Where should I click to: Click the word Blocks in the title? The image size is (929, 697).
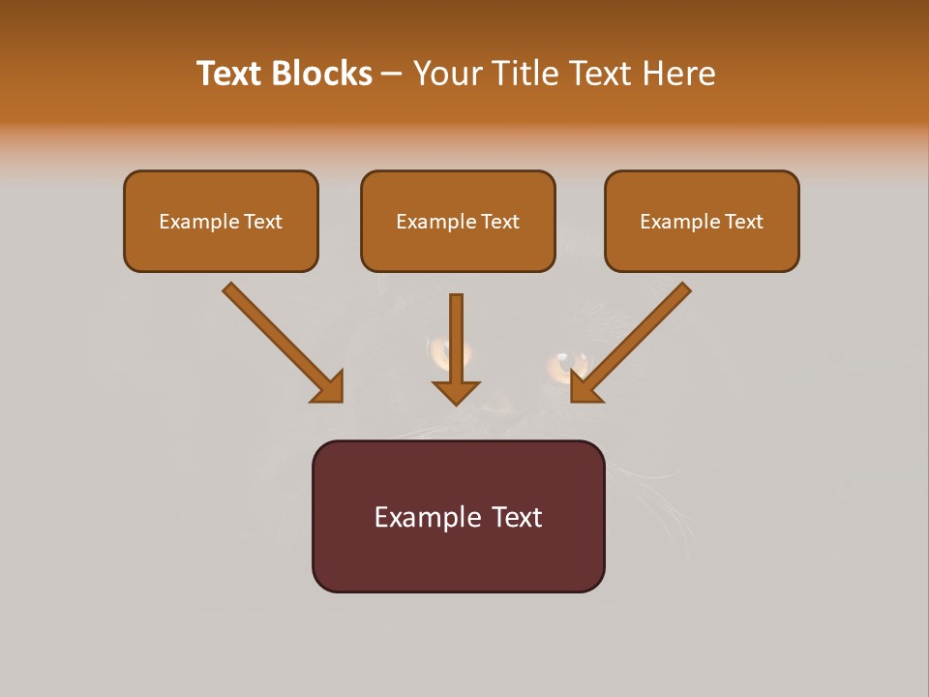coord(321,74)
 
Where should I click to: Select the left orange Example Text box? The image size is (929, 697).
coord(221,222)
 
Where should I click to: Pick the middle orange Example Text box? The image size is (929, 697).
coord(458,222)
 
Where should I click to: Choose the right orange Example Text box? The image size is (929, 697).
coord(702,222)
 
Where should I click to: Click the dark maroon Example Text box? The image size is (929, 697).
coord(458,516)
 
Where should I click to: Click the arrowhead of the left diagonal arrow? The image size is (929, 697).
coord(329,386)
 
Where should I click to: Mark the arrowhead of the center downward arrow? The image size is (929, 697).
coord(456,391)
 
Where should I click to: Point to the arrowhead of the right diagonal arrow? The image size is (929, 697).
coord(584,386)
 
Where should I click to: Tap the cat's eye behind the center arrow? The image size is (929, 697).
coord(440,353)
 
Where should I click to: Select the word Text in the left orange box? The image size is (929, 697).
coord(263,222)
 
